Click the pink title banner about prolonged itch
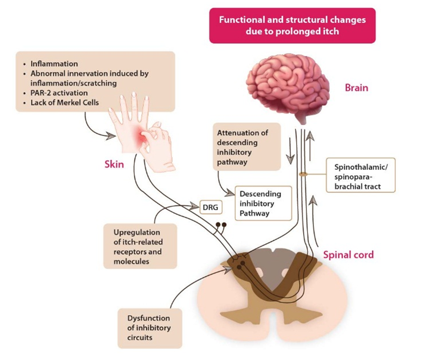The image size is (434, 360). [292, 26]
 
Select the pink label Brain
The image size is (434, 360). [356, 88]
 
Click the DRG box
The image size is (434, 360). [210, 207]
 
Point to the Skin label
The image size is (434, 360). [114, 164]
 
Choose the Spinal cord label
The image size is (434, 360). [348, 255]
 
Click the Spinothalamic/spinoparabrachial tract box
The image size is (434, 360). [360, 175]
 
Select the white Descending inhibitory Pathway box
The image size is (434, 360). [263, 203]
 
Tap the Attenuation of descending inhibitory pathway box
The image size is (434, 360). [246, 147]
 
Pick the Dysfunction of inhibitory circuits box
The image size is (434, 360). [150, 328]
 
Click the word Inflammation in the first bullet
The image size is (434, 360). [54, 64]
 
